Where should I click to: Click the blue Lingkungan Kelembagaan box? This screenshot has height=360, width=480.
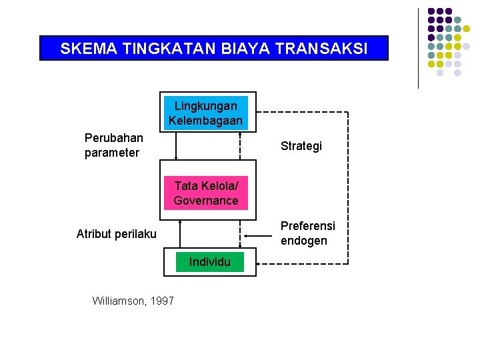pyautogui.click(x=205, y=113)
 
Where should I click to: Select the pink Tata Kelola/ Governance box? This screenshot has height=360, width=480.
pyautogui.click(x=206, y=193)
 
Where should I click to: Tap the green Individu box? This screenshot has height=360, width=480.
pyautogui.click(x=209, y=262)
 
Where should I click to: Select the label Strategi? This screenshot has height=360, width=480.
pyautogui.click(x=301, y=146)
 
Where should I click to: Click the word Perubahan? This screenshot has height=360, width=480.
pyautogui.click(x=113, y=138)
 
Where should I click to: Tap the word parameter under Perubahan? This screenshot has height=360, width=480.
pyautogui.click(x=112, y=153)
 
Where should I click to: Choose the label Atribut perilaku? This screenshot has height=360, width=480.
pyautogui.click(x=117, y=233)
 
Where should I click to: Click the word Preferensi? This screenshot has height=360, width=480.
pyautogui.click(x=308, y=226)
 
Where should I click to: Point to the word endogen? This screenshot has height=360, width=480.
pyautogui.click(x=304, y=241)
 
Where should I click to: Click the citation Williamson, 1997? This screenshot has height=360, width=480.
pyautogui.click(x=133, y=301)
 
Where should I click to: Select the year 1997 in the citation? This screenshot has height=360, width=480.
pyautogui.click(x=162, y=301)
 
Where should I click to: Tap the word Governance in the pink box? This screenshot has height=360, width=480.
pyautogui.click(x=206, y=200)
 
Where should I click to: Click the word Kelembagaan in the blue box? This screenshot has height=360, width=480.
pyautogui.click(x=205, y=121)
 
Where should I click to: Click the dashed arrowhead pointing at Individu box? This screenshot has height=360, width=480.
pyautogui.click(x=261, y=264)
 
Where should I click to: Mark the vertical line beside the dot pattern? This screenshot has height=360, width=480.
pyautogui.click(x=418, y=48)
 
